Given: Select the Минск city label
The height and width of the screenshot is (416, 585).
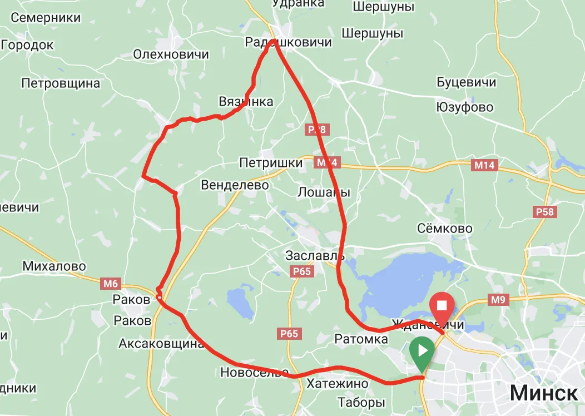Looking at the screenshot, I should tap(543, 393).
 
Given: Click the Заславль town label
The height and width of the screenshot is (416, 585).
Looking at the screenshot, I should tap(315, 256).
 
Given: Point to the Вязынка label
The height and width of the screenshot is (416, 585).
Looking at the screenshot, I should tap(246, 101).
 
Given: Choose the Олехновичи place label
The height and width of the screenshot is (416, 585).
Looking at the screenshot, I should tap(171, 54).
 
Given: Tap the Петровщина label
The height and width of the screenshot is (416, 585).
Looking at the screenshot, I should tap(61, 83).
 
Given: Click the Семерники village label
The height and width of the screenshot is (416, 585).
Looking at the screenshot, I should tap(46, 18).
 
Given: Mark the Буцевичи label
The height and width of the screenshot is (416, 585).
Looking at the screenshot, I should tap(466, 82).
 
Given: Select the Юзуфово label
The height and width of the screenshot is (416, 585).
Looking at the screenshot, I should tap(465, 107).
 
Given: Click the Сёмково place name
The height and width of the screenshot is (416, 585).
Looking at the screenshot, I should tap(445, 229).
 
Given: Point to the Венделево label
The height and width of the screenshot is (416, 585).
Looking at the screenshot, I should tap(235, 185).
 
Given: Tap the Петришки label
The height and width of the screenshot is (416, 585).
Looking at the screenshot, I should tap(271, 162).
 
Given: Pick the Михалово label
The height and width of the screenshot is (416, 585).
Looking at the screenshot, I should tap(54, 266).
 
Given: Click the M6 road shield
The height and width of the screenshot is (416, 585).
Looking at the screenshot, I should tap(111, 284).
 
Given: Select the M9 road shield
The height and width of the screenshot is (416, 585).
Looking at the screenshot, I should tap(498, 301).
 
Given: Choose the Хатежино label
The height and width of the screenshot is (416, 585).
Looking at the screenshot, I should tap(338, 384).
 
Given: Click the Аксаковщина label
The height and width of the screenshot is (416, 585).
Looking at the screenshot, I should tap(161, 344).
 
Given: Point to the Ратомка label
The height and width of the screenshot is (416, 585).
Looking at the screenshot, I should tap(361, 339).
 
